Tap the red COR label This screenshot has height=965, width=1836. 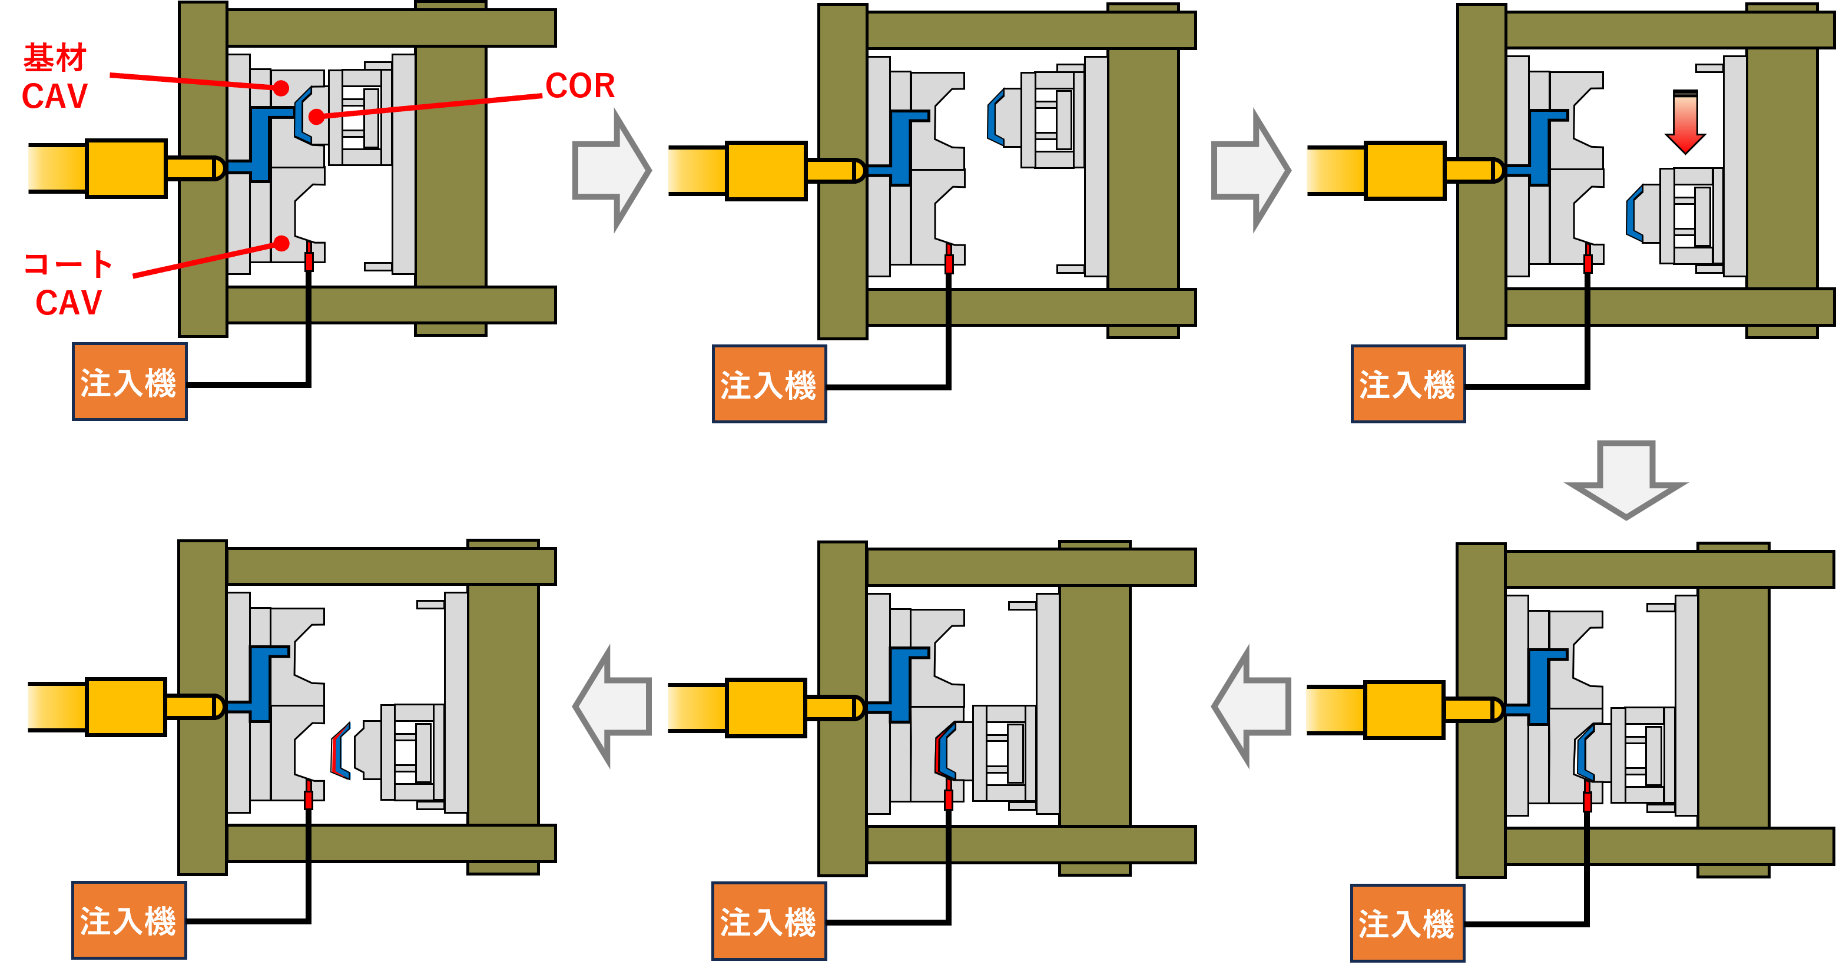(x=579, y=86)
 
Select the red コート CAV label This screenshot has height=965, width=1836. (x=68, y=283)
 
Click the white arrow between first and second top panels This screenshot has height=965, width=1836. (x=612, y=170)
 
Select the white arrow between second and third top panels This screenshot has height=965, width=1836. (x=1250, y=170)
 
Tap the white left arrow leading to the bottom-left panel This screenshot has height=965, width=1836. (x=612, y=707)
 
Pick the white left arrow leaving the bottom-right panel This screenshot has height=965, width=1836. (x=1250, y=707)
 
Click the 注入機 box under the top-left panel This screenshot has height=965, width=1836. (x=129, y=382)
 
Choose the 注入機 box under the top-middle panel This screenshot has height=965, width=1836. (x=769, y=384)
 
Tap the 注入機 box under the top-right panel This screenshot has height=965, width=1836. (x=1408, y=384)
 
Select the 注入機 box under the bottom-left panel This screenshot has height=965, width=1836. (x=129, y=920)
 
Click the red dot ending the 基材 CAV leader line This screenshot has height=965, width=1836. (x=281, y=88)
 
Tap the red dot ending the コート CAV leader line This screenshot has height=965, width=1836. (x=281, y=244)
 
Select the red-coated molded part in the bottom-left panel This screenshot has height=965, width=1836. (x=342, y=751)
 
